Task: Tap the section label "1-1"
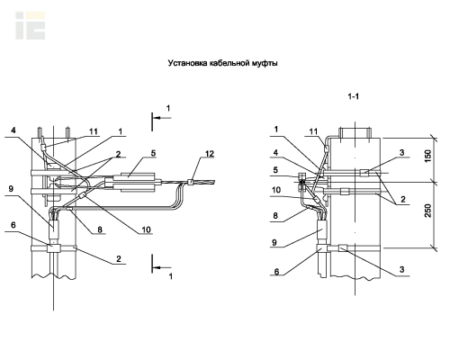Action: point(354,96)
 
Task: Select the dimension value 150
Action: point(428,156)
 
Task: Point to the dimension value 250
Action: point(428,211)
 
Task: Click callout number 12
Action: point(210,154)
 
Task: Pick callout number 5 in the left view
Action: point(153,153)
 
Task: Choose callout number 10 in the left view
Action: point(146,229)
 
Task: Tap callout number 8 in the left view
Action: point(100,229)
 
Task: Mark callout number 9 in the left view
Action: point(11,189)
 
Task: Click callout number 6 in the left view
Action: point(13,225)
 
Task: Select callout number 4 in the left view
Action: point(13,130)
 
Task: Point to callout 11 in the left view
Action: point(94,131)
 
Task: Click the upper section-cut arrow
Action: point(162,118)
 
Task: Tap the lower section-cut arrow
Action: point(162,267)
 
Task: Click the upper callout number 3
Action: point(402,152)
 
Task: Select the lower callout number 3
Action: point(402,269)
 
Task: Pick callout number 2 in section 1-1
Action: point(403,199)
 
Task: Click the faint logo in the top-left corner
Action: point(31,26)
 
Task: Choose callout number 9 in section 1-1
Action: point(274,242)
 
